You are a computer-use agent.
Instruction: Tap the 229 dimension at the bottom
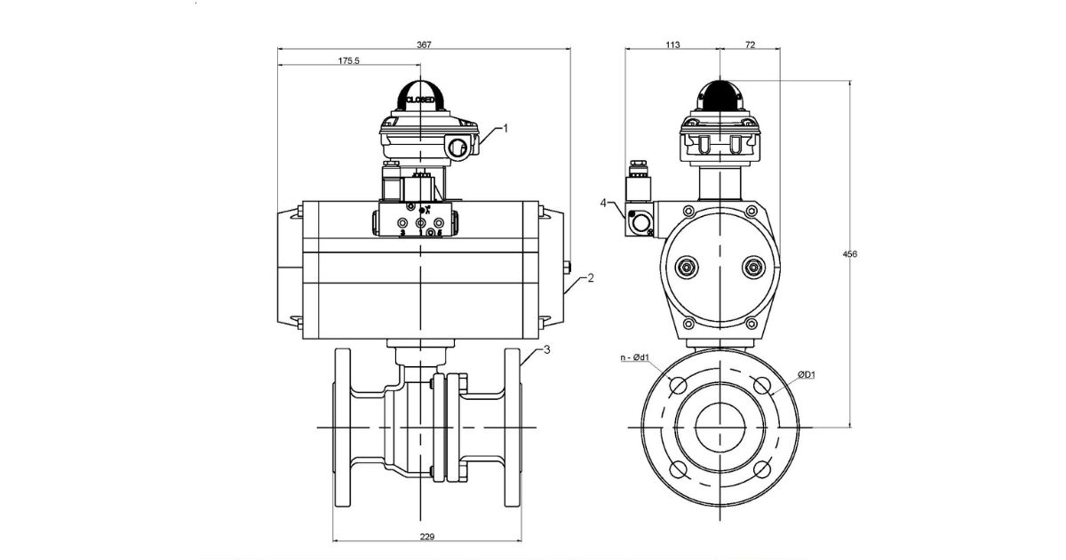(427, 536)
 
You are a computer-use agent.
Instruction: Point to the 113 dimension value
(672, 44)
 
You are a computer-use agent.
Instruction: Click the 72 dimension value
(749, 44)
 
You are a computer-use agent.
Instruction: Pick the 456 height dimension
(849, 254)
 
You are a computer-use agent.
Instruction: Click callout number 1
(505, 128)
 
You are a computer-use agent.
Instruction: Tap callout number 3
(547, 349)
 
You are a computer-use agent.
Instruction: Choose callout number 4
(603, 203)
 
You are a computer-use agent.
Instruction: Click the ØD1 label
(806, 375)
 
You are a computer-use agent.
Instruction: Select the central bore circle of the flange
(720, 428)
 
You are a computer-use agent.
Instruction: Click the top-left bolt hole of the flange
(679, 385)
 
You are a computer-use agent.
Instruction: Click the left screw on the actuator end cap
(686, 267)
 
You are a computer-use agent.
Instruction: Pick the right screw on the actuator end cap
(754, 267)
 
